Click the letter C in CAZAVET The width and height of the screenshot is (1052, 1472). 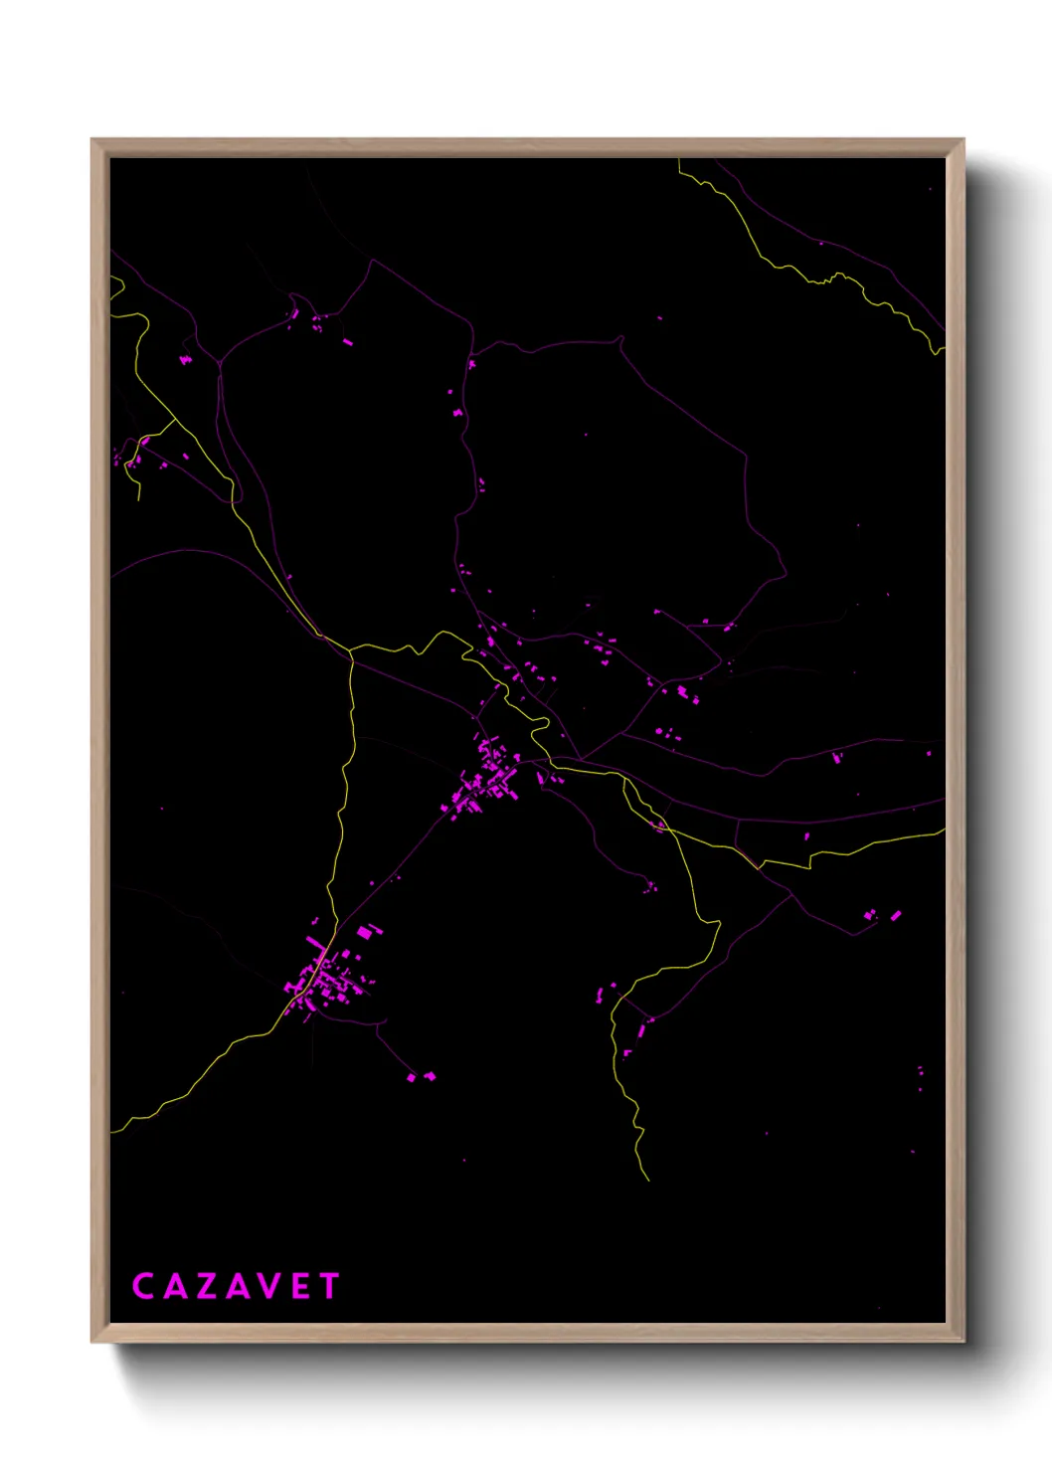[x=143, y=1286]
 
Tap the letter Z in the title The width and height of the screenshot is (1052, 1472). [x=206, y=1286]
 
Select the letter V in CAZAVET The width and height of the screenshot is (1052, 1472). [x=269, y=1286]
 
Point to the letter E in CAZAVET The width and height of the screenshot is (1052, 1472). [x=301, y=1286]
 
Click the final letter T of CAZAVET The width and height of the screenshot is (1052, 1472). [x=329, y=1286]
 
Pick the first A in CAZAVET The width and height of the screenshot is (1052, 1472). [x=174, y=1286]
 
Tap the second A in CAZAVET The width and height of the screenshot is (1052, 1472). [x=238, y=1286]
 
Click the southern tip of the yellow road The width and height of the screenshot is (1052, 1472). [x=648, y=1181]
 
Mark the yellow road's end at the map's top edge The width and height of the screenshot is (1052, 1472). [x=679, y=161]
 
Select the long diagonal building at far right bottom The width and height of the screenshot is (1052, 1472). [x=895, y=915]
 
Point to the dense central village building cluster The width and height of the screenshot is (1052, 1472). [x=487, y=779]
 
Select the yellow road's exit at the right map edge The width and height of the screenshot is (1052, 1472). [x=942, y=832]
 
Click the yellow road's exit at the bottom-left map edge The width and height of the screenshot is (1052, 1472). [x=112, y=1131]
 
